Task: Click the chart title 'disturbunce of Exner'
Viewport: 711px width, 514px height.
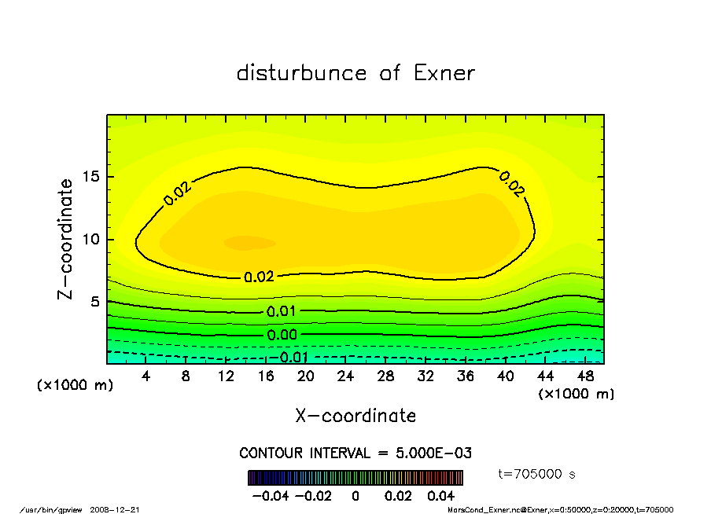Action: [355, 73]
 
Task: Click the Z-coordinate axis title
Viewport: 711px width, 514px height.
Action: [67, 239]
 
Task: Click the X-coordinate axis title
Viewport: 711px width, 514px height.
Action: [355, 416]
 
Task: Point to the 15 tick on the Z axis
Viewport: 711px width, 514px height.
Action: [91, 177]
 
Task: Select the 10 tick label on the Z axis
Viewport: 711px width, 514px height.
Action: [91, 239]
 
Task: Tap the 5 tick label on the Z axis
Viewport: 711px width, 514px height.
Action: [96, 302]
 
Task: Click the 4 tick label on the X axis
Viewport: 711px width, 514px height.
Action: [146, 376]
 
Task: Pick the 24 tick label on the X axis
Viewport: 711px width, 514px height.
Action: [345, 376]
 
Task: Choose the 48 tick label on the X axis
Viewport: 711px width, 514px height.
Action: [584, 376]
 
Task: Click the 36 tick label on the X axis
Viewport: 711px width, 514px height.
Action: [465, 376]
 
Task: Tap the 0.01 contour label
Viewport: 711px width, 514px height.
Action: [281, 311]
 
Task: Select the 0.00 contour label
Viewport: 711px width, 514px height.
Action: [281, 335]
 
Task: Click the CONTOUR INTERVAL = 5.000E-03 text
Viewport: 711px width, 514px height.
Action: [355, 453]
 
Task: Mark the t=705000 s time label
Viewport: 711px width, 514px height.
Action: [537, 474]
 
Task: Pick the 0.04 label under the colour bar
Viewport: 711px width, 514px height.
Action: [442, 496]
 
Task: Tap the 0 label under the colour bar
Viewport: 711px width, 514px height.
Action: [355, 496]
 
